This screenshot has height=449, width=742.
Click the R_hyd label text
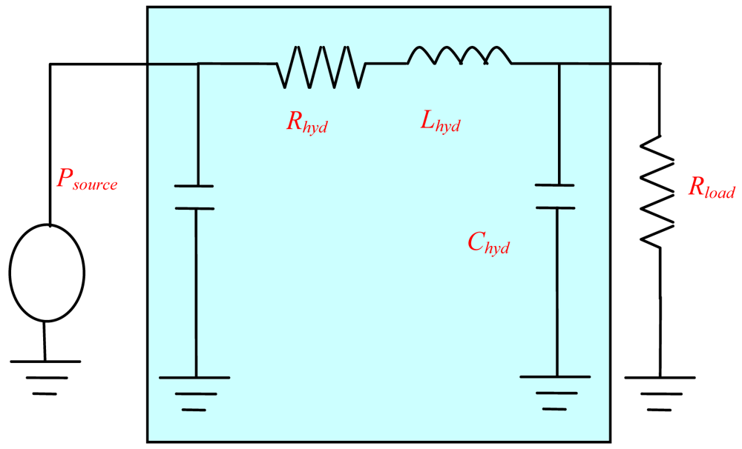pyautogui.click(x=306, y=123)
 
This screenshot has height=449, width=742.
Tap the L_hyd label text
pyautogui.click(x=440, y=123)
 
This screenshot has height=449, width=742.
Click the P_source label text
pyautogui.click(x=87, y=180)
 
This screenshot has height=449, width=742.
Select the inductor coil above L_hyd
pyautogui.click(x=459, y=57)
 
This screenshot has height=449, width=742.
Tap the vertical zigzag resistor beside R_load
pyautogui.click(x=659, y=190)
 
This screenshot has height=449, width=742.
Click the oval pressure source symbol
pyautogui.click(x=46, y=273)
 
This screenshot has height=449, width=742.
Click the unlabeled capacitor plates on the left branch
pyautogui.click(x=196, y=197)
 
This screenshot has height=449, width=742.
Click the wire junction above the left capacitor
pyautogui.click(x=197, y=64)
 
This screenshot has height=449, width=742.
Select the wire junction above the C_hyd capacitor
pyautogui.click(x=559, y=64)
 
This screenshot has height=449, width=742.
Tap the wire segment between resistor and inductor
pyautogui.click(x=387, y=64)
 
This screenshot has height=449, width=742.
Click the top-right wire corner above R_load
pyautogui.click(x=659, y=64)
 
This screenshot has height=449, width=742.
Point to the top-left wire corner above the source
pyautogui.click(x=50, y=64)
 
